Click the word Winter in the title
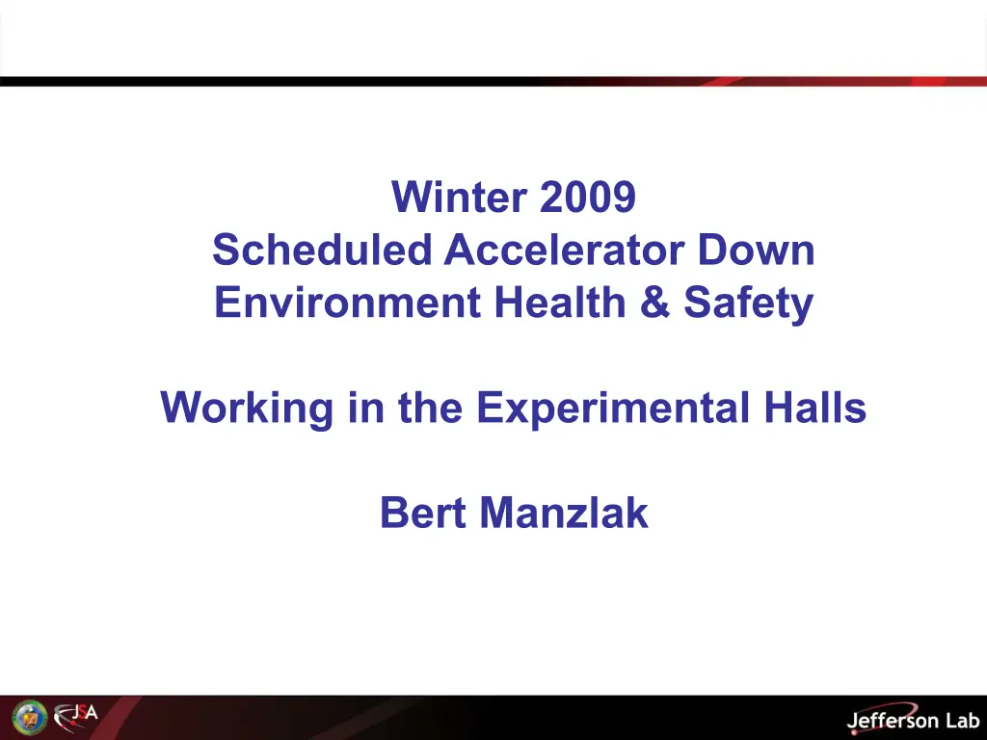pyautogui.click(x=459, y=197)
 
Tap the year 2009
pyautogui.click(x=587, y=197)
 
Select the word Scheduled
pyautogui.click(x=322, y=250)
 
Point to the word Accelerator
pyautogui.click(x=564, y=250)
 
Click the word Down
pyautogui.click(x=756, y=250)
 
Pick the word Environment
pyautogui.click(x=348, y=302)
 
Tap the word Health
pyautogui.click(x=560, y=302)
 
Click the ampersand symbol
pyautogui.click(x=654, y=302)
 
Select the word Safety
pyautogui.click(x=748, y=304)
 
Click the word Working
pyautogui.click(x=247, y=409)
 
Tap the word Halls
pyautogui.click(x=815, y=408)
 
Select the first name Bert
pyautogui.click(x=423, y=513)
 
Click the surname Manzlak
pyautogui.click(x=564, y=513)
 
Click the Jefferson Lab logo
pyautogui.click(x=914, y=719)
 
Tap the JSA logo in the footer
pyautogui.click(x=75, y=717)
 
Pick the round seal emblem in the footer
pyautogui.click(x=30, y=717)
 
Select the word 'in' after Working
pyautogui.click(x=365, y=408)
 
